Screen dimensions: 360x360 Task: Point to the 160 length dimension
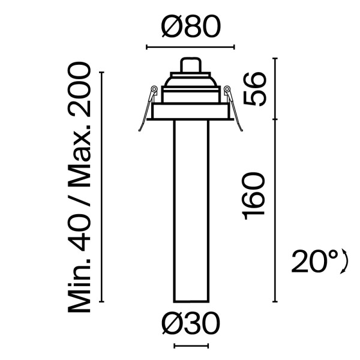254,195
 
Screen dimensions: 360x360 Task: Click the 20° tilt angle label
313,262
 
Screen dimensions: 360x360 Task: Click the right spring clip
235,108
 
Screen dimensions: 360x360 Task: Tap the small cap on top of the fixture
190,64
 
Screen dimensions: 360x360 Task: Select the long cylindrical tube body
191,210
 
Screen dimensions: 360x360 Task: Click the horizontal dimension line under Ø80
191,46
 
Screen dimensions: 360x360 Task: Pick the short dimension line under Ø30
191,345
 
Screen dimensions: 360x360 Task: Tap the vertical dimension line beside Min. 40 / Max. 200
103,187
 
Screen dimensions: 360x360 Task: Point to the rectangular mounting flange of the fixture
190,112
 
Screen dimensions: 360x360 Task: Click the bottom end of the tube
191,301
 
